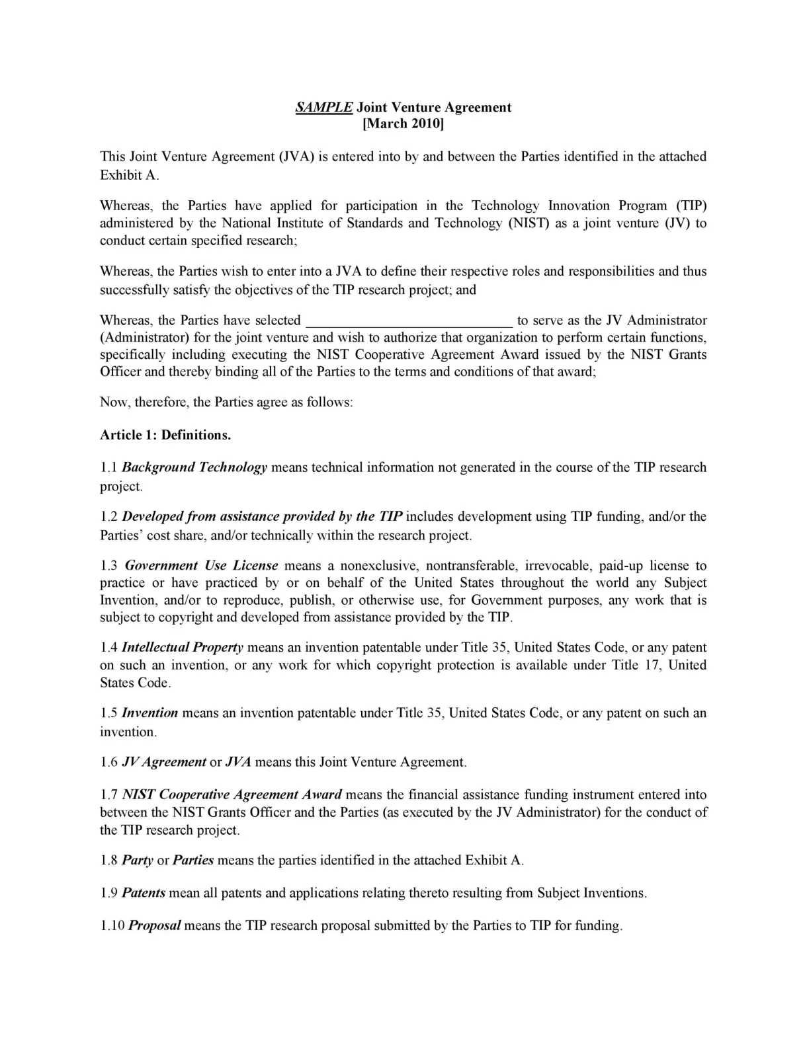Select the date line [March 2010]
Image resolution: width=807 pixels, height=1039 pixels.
(x=403, y=124)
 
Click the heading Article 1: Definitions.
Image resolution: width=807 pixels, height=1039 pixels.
(x=165, y=435)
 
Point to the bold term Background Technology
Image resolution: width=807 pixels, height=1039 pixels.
(x=194, y=467)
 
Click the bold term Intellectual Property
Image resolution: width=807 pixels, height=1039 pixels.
(x=183, y=648)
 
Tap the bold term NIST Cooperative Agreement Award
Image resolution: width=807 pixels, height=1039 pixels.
(x=232, y=794)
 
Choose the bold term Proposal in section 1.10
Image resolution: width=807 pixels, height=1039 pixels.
(x=154, y=925)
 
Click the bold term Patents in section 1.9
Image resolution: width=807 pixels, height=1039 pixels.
(x=144, y=893)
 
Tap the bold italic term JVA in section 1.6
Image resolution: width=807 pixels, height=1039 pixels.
(x=238, y=762)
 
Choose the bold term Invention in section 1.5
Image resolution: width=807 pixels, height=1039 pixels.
(x=150, y=713)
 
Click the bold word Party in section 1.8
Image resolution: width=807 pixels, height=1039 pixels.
(x=138, y=861)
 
